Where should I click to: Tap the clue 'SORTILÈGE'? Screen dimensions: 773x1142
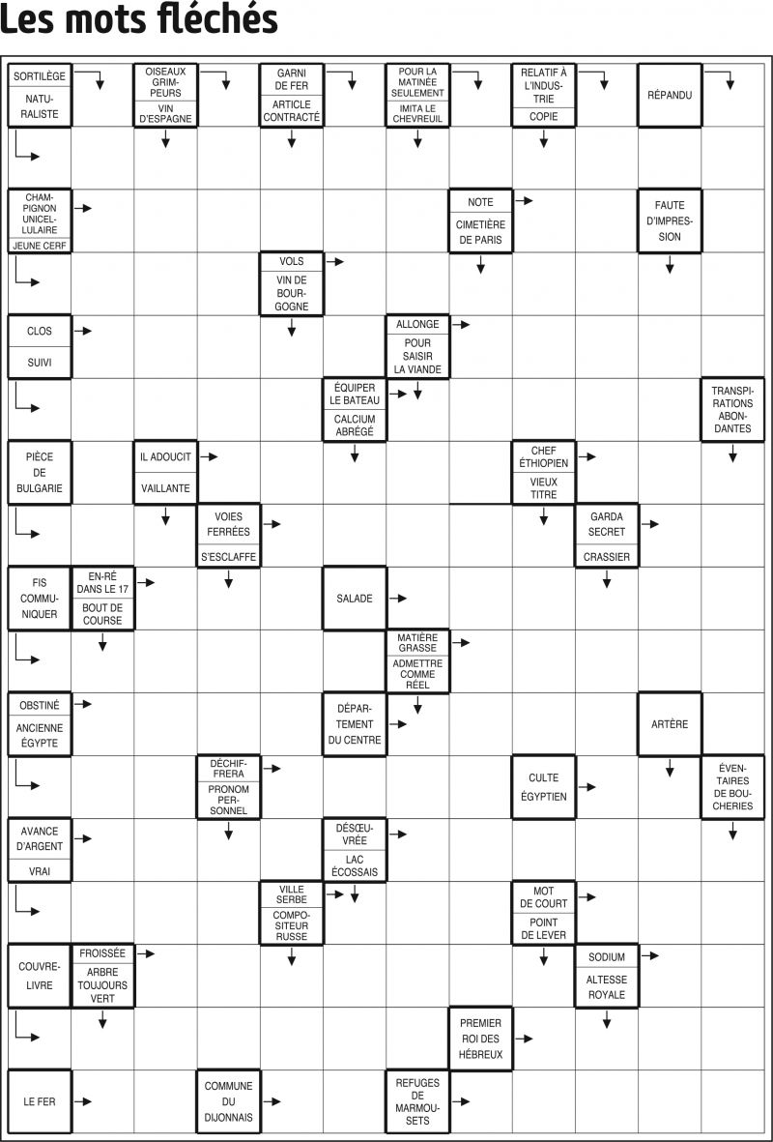(x=40, y=75)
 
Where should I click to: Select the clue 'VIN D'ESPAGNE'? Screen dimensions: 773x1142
(x=165, y=113)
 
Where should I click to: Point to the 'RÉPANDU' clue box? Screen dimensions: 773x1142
(x=670, y=96)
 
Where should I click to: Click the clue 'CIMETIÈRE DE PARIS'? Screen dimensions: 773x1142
(x=480, y=232)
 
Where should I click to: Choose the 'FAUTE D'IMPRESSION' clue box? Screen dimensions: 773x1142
(x=670, y=220)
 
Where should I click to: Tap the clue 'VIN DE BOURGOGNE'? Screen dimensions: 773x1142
(x=291, y=293)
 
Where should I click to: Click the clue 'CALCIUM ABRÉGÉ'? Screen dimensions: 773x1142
(x=355, y=425)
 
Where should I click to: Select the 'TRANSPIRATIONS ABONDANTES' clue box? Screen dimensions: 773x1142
(x=733, y=409)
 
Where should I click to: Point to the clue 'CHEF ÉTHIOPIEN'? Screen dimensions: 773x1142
(x=544, y=456)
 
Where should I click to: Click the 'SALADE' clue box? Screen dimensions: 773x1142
(x=355, y=598)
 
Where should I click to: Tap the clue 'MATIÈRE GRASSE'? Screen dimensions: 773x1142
(x=417, y=642)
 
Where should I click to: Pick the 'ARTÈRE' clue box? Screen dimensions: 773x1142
(x=670, y=724)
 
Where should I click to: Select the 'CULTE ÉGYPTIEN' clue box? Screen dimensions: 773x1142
(x=544, y=787)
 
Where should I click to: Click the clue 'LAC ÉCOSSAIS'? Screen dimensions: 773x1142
(x=355, y=865)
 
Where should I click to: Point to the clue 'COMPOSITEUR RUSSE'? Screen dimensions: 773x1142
(x=291, y=925)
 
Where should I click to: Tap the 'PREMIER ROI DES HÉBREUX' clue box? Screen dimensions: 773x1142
(x=480, y=1039)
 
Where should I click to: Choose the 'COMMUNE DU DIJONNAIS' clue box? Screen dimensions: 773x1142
(x=229, y=1101)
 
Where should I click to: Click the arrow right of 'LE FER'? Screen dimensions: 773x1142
(x=83, y=1101)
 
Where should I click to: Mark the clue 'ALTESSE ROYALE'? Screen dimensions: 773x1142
(x=606, y=987)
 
